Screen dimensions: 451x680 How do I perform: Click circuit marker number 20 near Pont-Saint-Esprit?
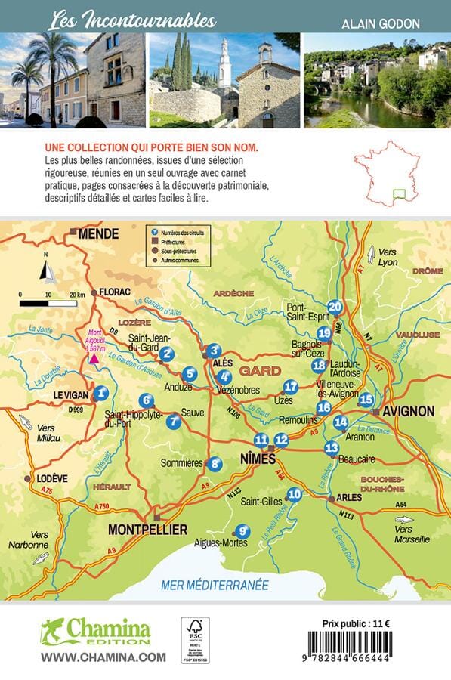coord(335,308)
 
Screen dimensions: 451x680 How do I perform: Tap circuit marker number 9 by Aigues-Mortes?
coord(242,531)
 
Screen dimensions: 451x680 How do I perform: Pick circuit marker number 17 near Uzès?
coord(292,387)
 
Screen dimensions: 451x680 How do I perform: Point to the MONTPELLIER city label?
coord(147,530)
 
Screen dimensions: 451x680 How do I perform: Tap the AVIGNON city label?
coord(409,412)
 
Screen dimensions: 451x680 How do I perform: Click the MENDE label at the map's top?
coord(98,234)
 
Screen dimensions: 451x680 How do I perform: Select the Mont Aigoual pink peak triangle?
coord(95,357)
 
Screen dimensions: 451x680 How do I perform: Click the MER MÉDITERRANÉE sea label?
coord(215,584)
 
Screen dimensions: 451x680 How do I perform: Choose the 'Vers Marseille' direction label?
coord(412,534)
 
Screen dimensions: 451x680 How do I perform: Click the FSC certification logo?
coord(195,639)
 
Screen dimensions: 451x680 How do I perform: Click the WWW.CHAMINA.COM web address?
coord(103,657)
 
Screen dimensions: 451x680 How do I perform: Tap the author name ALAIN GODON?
coord(381,23)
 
